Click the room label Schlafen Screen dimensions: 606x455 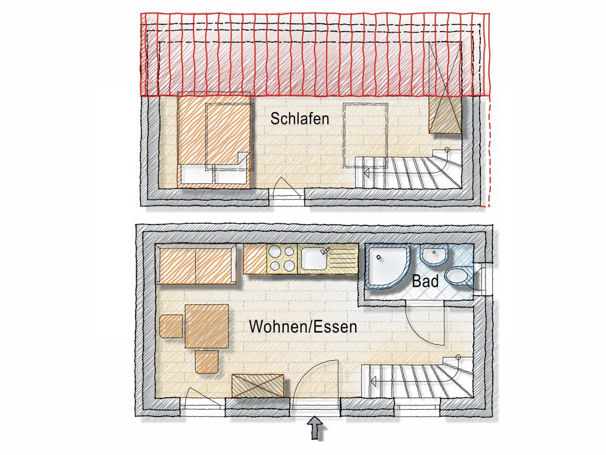(299, 119)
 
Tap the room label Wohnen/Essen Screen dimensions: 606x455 (302, 327)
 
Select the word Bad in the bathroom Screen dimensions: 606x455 (425, 281)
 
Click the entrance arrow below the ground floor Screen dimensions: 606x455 (316, 428)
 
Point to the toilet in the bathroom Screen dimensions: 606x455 (459, 276)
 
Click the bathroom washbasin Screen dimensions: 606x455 (433, 255)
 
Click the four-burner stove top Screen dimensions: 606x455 (282, 259)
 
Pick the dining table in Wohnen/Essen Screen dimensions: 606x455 (207, 327)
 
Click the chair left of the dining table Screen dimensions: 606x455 (171, 326)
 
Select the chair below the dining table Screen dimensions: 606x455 (206, 362)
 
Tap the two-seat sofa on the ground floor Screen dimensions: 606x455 (196, 264)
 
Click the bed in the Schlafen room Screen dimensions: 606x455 (214, 140)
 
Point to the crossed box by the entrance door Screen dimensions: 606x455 (258, 385)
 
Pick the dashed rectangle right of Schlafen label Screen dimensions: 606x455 (366, 135)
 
